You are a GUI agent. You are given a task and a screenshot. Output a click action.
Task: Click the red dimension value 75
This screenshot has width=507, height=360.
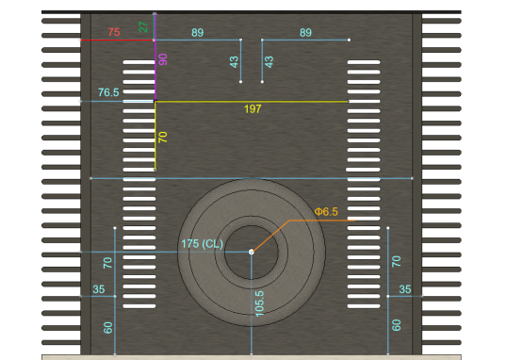coord(114,32)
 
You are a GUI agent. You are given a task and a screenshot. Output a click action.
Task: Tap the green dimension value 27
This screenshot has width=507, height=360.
coord(143,26)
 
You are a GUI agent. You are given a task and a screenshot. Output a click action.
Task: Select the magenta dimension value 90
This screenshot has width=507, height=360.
coord(163,59)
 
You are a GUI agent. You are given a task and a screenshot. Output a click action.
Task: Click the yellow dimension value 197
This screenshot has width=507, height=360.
coord(253,109)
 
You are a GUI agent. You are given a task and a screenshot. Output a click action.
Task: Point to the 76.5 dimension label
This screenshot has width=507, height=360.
coord(108,92)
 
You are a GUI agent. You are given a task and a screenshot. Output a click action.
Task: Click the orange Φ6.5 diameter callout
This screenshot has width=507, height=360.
coord(326,211)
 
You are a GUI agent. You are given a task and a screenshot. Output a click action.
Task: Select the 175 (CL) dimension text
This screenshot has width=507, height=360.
coord(202,243)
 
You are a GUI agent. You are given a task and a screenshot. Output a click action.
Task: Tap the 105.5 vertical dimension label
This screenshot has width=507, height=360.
coord(260,303)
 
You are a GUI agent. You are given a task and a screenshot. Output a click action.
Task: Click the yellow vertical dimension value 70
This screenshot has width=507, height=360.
coord(163,138)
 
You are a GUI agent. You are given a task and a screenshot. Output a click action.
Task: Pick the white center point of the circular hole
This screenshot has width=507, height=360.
coord(252,252)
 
